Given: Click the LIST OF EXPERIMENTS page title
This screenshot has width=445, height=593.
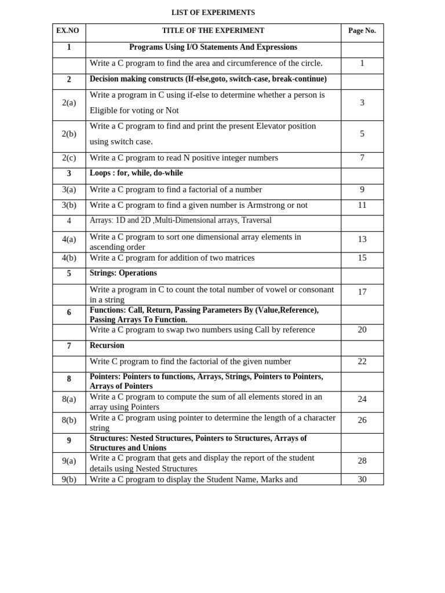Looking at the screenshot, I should tap(213, 12).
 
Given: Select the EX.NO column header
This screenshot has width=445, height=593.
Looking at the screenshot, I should tap(68, 31).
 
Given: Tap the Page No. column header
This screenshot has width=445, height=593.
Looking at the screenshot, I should tap(362, 31).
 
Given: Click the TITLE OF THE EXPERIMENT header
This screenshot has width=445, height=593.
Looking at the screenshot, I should tap(213, 31).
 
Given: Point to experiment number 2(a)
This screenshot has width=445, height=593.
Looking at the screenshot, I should tap(69, 103).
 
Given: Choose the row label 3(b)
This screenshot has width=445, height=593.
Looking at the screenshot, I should tap(69, 205).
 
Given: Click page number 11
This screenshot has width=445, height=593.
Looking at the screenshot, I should tap(362, 205).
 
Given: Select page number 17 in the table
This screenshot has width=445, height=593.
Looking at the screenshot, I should tap(362, 292).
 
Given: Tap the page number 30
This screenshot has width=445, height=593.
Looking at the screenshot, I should tap(362, 479).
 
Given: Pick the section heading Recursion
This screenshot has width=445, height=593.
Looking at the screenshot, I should tap(107, 345).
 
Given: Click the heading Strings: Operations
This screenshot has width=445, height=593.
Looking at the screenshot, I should tap(123, 273).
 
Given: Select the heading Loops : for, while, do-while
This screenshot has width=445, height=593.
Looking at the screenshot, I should tap(136, 173).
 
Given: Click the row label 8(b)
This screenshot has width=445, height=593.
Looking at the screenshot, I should tap(69, 420).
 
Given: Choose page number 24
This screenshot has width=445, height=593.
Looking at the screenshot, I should tap(362, 399).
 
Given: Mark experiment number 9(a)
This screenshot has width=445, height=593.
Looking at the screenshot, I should tap(69, 461).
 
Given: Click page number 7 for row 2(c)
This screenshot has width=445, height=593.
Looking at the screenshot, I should tap(362, 158).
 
